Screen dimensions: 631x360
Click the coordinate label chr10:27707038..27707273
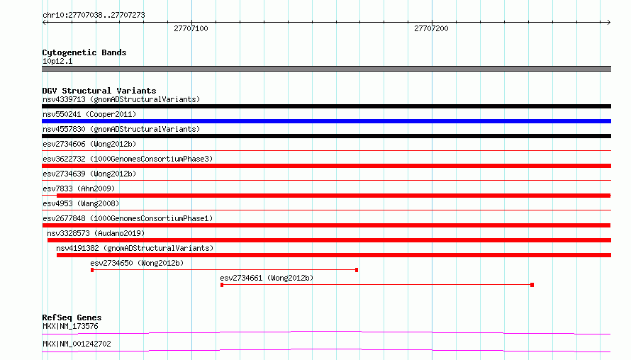94,16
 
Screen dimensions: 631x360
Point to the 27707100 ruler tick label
191,28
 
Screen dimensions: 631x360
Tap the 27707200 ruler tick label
431,28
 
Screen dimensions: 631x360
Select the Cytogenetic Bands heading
84,52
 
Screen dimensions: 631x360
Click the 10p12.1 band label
57,61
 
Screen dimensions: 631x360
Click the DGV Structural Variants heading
99,91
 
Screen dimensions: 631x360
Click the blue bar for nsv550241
326,121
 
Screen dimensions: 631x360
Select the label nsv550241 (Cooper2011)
89,114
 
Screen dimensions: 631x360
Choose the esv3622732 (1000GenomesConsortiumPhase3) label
128,159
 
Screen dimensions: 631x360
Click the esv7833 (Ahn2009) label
79,189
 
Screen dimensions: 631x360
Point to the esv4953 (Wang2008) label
81,203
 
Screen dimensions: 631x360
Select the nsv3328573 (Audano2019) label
96,233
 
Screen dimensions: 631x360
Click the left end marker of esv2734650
92,270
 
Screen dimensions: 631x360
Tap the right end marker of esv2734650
357,270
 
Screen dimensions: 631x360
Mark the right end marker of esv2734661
532,285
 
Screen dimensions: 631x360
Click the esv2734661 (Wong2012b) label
267,278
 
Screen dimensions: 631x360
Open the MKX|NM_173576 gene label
70,326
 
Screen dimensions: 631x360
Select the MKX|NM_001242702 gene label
77,344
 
